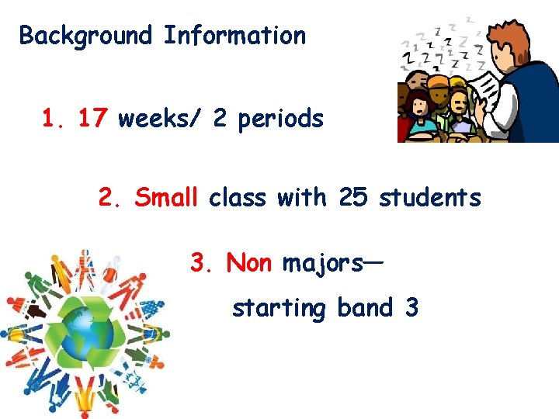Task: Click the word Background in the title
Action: [x=85, y=36]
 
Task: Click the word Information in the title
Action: [x=234, y=36]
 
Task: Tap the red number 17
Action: [x=93, y=119]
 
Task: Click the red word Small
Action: [x=166, y=198]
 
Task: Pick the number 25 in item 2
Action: [x=353, y=198]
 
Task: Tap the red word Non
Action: [x=248, y=263]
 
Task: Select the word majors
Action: [x=322, y=265]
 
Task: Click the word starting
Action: [x=279, y=309]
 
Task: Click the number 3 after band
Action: [x=411, y=308]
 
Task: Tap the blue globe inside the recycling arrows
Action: [x=85, y=333]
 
